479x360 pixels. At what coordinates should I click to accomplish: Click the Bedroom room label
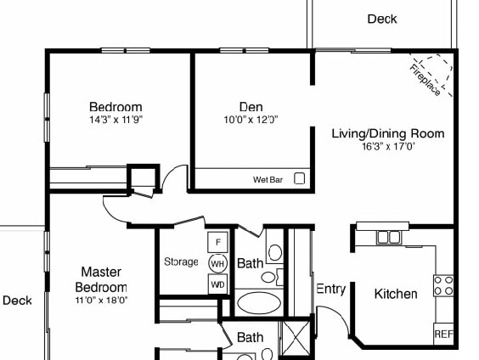click(x=116, y=107)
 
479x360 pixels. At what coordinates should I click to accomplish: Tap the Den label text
click(x=251, y=107)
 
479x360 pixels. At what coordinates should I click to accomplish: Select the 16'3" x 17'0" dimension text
click(x=387, y=146)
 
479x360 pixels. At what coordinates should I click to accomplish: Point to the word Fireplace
click(x=425, y=80)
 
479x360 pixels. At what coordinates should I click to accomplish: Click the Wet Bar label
click(x=267, y=180)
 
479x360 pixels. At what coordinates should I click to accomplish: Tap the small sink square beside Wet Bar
click(x=299, y=178)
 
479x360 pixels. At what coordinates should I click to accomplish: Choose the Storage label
click(x=181, y=262)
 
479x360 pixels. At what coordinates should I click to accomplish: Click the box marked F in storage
click(x=217, y=242)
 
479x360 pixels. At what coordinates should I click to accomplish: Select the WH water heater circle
click(x=217, y=263)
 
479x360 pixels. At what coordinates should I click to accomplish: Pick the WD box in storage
click(x=217, y=284)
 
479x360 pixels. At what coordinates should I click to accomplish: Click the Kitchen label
click(x=396, y=294)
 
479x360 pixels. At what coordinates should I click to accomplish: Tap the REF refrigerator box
click(x=443, y=335)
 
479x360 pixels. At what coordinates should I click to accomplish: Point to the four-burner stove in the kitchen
click(x=443, y=285)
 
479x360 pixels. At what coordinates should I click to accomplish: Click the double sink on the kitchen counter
click(x=388, y=237)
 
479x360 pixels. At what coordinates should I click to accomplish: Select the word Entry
click(x=330, y=289)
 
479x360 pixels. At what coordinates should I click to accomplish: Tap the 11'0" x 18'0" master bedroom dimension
click(x=102, y=300)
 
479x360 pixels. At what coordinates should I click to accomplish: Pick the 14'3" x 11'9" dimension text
click(x=116, y=120)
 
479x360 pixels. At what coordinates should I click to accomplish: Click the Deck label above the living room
click(x=381, y=19)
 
